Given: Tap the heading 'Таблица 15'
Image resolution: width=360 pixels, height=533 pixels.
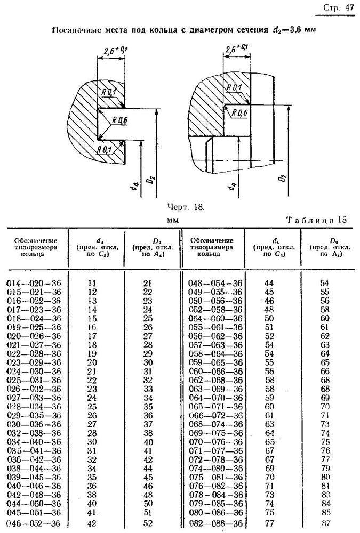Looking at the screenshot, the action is (x=316, y=220).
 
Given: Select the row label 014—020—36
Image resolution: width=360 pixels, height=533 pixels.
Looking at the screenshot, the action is (x=34, y=283).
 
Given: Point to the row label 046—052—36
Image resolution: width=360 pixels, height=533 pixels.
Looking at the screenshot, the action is (x=34, y=523).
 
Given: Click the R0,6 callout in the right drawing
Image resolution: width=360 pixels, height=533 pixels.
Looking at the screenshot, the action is (x=239, y=112).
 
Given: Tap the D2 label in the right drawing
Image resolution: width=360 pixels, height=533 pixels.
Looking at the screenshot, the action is (x=284, y=178).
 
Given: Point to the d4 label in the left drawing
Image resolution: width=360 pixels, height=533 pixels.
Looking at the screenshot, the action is (x=135, y=185).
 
